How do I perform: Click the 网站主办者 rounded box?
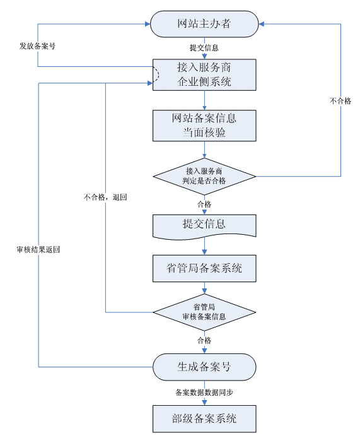204,24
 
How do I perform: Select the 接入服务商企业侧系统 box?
204,75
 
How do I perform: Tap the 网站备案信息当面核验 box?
204,126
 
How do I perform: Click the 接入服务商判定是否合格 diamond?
204,176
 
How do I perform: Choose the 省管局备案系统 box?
204,268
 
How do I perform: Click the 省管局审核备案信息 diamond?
204,312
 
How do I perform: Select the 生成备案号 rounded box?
204,367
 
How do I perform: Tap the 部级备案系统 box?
204,418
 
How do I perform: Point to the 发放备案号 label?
37,46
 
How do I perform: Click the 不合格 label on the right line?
340,101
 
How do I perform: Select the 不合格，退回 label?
105,197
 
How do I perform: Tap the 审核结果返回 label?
38,249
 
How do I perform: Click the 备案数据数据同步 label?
204,393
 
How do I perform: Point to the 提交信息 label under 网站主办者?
204,48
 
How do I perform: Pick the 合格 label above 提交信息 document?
204,204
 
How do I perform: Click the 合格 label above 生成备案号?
204,340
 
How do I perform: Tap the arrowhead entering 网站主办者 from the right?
261,24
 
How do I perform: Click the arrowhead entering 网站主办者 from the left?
148,24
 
